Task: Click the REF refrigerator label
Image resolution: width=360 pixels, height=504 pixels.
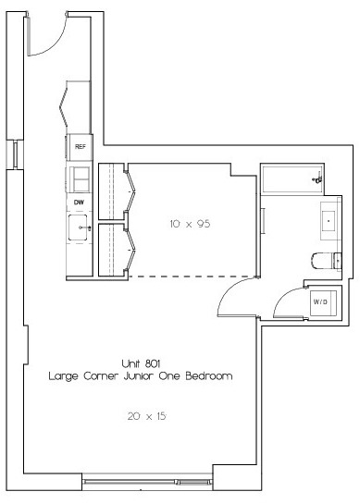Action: coord(81,146)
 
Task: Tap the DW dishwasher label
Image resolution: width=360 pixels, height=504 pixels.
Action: coord(79,203)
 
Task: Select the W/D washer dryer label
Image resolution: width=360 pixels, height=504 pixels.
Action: coord(320,301)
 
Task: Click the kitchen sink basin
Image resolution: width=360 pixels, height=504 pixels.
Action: coord(78,227)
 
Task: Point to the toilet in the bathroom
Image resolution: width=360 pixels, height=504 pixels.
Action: coord(326,261)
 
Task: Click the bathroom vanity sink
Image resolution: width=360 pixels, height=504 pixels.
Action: coord(329,221)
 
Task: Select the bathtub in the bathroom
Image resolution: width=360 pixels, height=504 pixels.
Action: coord(292,178)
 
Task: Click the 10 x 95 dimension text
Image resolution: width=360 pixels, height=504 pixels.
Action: coord(190,224)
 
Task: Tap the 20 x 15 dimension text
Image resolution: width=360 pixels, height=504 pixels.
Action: coord(147,416)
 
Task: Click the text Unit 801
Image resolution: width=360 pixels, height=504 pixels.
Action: coord(141,363)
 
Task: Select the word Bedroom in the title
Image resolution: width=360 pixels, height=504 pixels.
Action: coord(209,375)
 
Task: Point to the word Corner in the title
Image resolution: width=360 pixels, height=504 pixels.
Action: coord(101,375)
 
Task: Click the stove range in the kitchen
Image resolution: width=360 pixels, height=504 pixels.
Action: coord(79,179)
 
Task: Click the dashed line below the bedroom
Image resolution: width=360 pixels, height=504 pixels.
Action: coord(192,277)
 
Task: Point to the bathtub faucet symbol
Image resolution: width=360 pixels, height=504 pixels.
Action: coord(317,178)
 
